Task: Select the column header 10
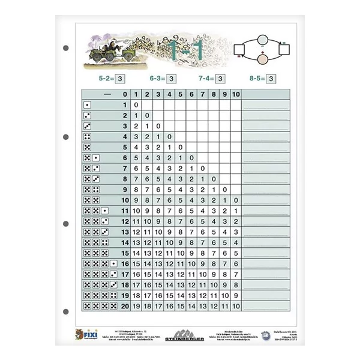236,94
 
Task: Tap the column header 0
125,94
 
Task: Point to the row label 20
125,305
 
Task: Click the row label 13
125,232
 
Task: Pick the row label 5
125,147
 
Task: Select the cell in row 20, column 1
136,305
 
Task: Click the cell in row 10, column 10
236,200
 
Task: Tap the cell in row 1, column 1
136,105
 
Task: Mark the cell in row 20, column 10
236,305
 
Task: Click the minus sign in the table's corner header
107,94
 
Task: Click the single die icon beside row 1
88,105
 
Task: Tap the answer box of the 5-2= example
120,78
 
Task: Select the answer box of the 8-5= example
271,78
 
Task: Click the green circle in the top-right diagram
262,40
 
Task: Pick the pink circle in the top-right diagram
262,59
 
